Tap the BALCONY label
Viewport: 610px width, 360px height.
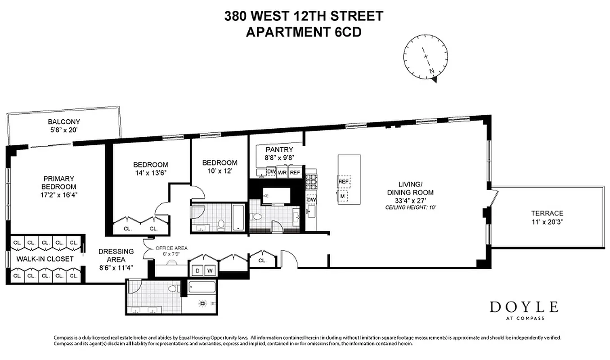point(64,121)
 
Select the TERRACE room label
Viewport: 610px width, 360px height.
point(547,213)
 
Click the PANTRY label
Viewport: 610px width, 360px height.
point(279,149)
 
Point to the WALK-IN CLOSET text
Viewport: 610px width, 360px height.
point(45,259)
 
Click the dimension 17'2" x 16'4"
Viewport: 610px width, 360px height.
point(59,195)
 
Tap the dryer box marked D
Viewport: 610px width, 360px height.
point(197,270)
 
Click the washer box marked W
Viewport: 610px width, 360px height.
point(210,270)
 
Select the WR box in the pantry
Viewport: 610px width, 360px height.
point(283,172)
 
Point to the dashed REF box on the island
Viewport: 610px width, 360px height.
point(344,181)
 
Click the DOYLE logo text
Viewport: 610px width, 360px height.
point(524,307)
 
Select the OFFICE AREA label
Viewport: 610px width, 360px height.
point(171,248)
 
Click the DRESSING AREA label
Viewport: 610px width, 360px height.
point(116,255)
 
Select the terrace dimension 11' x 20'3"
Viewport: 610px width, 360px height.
point(547,222)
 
